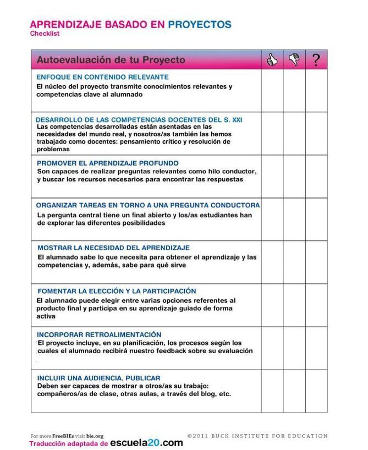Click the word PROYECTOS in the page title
click(x=199, y=25)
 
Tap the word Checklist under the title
click(x=45, y=34)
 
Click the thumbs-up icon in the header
click(x=272, y=59)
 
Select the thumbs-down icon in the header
click(x=294, y=59)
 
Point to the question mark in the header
click(x=316, y=59)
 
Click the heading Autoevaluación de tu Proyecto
click(x=111, y=59)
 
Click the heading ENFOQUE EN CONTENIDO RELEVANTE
click(x=102, y=77)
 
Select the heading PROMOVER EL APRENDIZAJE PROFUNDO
click(x=107, y=163)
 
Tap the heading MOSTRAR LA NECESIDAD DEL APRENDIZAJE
click(x=113, y=248)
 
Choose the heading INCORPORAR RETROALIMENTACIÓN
click(x=99, y=334)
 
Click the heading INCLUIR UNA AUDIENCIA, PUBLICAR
click(x=98, y=378)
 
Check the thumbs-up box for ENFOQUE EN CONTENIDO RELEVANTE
click(x=272, y=91)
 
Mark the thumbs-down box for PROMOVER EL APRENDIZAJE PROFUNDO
click(x=294, y=177)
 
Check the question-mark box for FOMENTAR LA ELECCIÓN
click(x=316, y=305)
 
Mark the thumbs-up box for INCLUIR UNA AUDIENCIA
click(x=272, y=391)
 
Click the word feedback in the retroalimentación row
click(x=170, y=351)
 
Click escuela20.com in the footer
click(x=146, y=443)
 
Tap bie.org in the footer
click(x=95, y=436)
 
